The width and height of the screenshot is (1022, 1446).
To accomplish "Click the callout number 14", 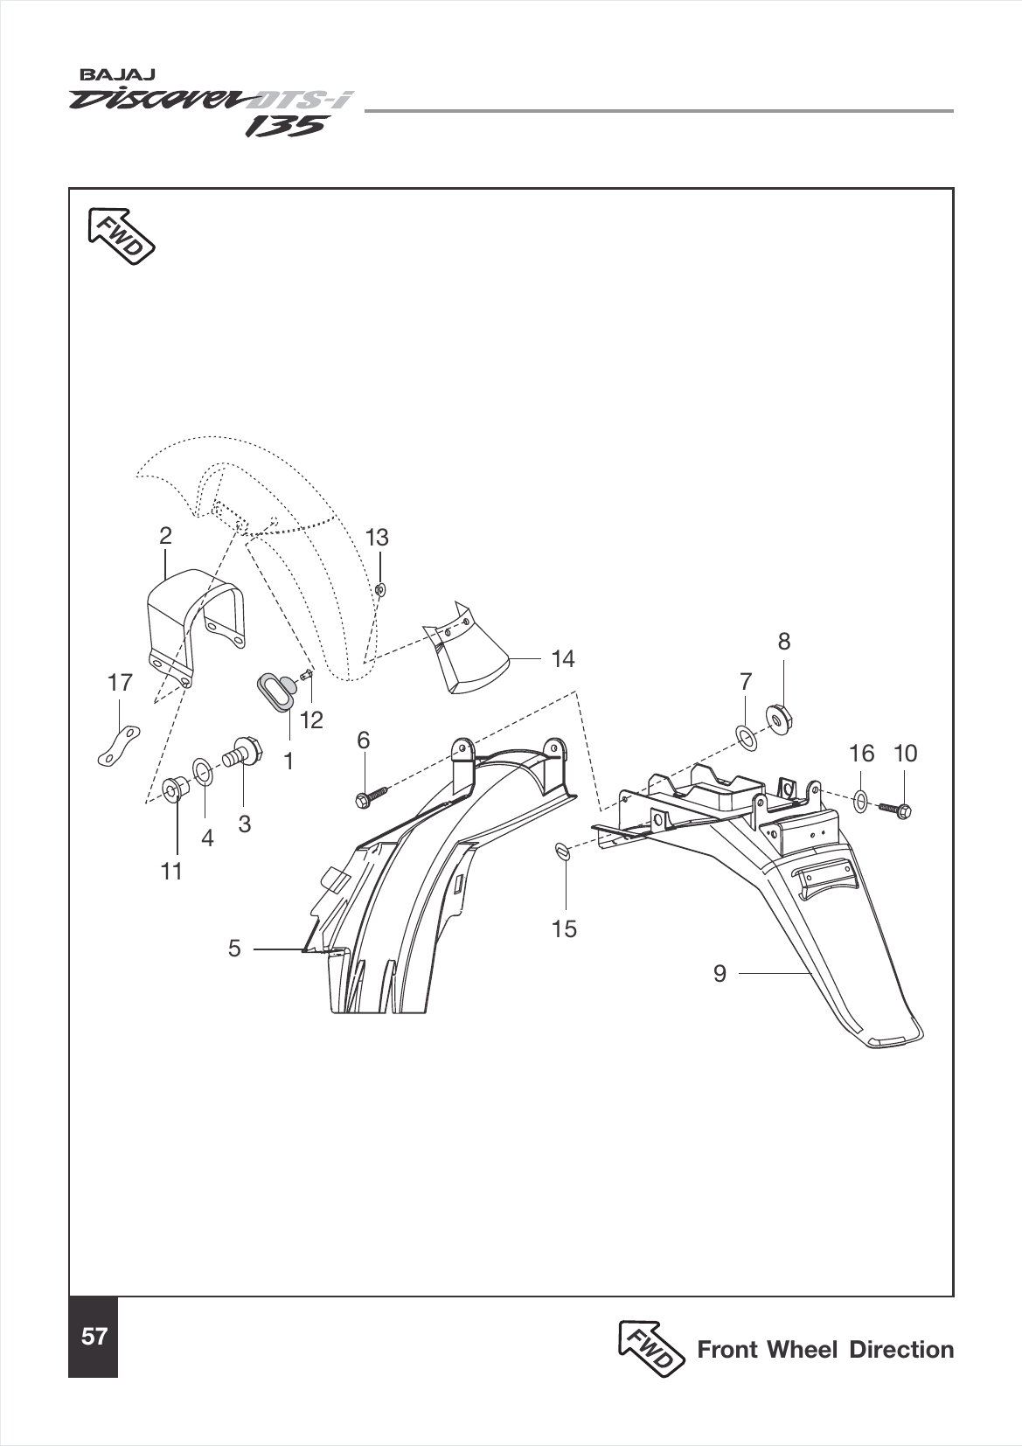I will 564,659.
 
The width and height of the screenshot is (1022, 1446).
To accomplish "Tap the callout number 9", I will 720,973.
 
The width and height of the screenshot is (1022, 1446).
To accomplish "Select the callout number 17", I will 119,683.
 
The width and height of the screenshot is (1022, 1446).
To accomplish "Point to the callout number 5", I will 233,948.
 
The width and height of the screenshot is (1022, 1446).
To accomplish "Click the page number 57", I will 94,1337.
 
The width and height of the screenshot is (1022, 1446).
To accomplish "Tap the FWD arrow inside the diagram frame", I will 120,234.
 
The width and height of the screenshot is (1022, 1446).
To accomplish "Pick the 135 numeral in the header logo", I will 285,126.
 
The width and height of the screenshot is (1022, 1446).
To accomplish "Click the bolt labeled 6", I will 372,796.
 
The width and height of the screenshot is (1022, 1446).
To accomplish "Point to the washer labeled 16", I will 860,799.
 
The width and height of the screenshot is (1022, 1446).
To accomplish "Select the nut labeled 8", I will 779,718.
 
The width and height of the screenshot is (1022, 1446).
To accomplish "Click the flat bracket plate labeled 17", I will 118,745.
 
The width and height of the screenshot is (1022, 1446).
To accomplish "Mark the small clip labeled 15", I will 564,852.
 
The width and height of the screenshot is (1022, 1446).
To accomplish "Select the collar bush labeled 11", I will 176,789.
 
